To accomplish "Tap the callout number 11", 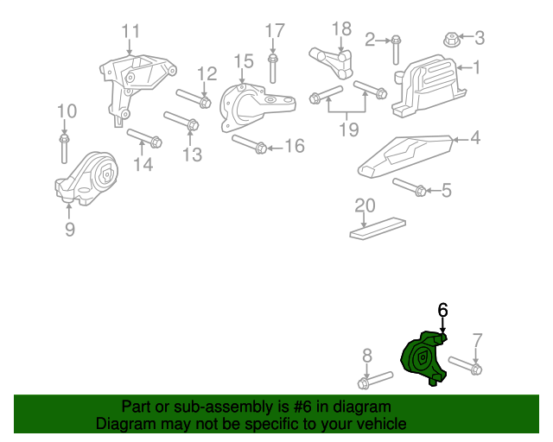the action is click(x=130, y=33).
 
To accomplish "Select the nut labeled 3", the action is click(x=450, y=38).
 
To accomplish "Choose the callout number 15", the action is click(x=243, y=61).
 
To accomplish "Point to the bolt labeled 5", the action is click(x=408, y=186).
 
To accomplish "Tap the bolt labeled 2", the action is click(x=395, y=49).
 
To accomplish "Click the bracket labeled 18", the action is click(x=333, y=60).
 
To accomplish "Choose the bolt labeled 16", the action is click(x=248, y=144).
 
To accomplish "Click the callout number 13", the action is click(x=192, y=155).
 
